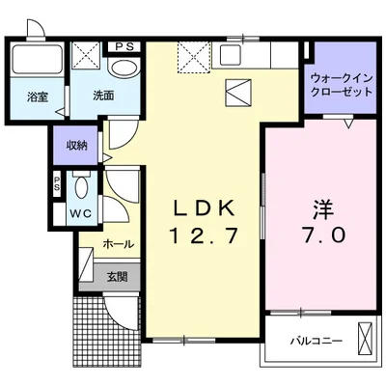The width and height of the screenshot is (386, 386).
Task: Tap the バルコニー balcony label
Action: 315,341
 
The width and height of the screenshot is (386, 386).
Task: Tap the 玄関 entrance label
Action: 116,277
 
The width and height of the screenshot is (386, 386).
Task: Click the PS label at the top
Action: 125,45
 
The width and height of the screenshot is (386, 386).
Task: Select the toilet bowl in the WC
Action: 82,188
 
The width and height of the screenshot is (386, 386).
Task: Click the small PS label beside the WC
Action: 57,182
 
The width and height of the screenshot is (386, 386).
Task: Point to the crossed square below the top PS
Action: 86,61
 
